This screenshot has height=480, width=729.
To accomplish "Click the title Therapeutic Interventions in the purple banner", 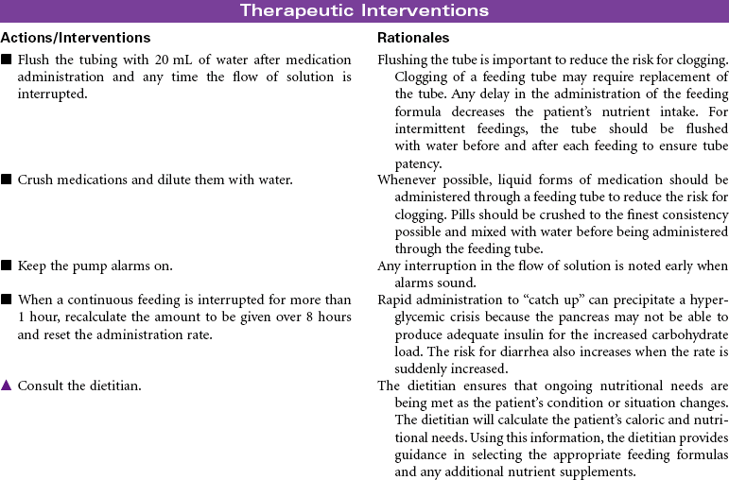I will tap(364, 11).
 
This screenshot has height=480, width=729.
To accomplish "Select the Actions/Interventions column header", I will tap(76, 38).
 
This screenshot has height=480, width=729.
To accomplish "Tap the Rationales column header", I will tap(413, 38).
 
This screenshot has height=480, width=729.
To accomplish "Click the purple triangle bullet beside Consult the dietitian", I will tap(7, 386).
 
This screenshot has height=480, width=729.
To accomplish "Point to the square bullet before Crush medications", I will tap(7, 180).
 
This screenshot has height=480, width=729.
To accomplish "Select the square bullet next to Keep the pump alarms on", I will tap(7, 266).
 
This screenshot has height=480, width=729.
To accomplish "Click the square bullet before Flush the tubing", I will tap(7, 60).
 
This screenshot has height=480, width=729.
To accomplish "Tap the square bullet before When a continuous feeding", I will tap(7, 300).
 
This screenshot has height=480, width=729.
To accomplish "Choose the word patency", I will tap(418, 163).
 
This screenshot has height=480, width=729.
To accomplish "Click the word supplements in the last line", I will tap(601, 471).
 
